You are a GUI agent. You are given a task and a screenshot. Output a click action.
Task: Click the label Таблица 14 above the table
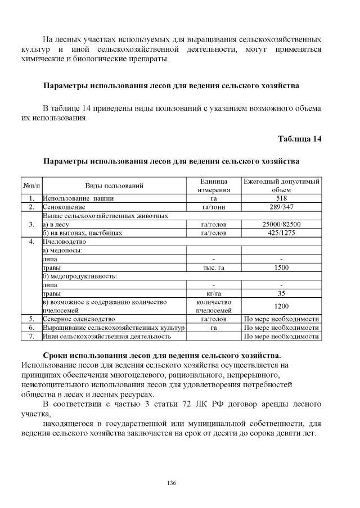(x=300, y=139)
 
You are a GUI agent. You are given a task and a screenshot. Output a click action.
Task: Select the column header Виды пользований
(x=114, y=185)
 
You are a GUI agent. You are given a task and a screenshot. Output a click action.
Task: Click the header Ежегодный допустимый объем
(x=281, y=185)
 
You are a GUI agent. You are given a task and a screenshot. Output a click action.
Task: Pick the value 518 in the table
(x=281, y=198)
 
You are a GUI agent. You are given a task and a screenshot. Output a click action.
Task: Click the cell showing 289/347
(x=281, y=207)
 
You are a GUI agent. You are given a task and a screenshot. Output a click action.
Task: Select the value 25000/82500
(x=281, y=224)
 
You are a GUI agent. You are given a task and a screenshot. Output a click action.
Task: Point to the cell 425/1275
(x=281, y=233)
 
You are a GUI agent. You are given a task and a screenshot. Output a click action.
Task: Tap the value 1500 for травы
(x=281, y=267)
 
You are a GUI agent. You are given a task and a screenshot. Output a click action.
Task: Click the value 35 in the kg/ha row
(x=281, y=293)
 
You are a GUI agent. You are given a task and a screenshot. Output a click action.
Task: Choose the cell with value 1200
(x=281, y=306)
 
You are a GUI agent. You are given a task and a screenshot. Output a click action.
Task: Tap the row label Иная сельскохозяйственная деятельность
(x=107, y=336)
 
